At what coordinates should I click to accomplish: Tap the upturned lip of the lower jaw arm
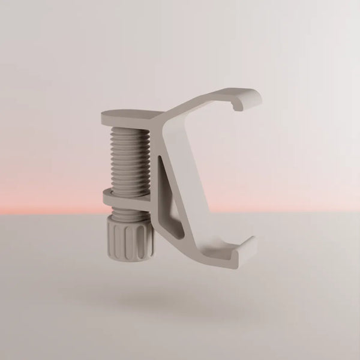tap(247, 249)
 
